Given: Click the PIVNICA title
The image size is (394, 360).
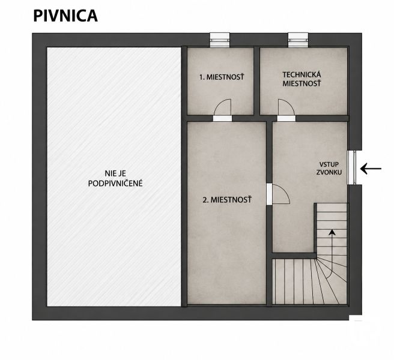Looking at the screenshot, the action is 65,16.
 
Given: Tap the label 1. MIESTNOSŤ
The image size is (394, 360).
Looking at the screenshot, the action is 222,77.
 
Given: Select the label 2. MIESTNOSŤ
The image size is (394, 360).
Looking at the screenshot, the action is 227,200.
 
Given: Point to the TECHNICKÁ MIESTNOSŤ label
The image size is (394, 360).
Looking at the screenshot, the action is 302,79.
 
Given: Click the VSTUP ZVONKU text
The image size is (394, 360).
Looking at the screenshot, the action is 329,168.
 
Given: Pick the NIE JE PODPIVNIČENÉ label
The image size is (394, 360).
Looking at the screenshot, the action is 115,178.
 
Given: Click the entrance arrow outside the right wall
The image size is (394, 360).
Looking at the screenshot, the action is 371,169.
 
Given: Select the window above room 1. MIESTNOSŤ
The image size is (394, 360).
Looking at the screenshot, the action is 220,40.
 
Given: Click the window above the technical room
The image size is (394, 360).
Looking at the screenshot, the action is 299,40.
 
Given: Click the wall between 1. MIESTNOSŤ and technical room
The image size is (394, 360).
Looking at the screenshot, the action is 256,81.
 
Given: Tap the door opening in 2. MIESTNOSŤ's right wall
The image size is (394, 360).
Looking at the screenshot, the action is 269,194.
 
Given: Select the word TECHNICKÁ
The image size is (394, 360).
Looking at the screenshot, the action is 302,75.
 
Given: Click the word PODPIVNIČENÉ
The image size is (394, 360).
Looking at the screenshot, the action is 115,184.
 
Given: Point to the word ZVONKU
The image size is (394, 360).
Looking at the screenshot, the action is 329,172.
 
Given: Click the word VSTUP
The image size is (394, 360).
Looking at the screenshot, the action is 329,164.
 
